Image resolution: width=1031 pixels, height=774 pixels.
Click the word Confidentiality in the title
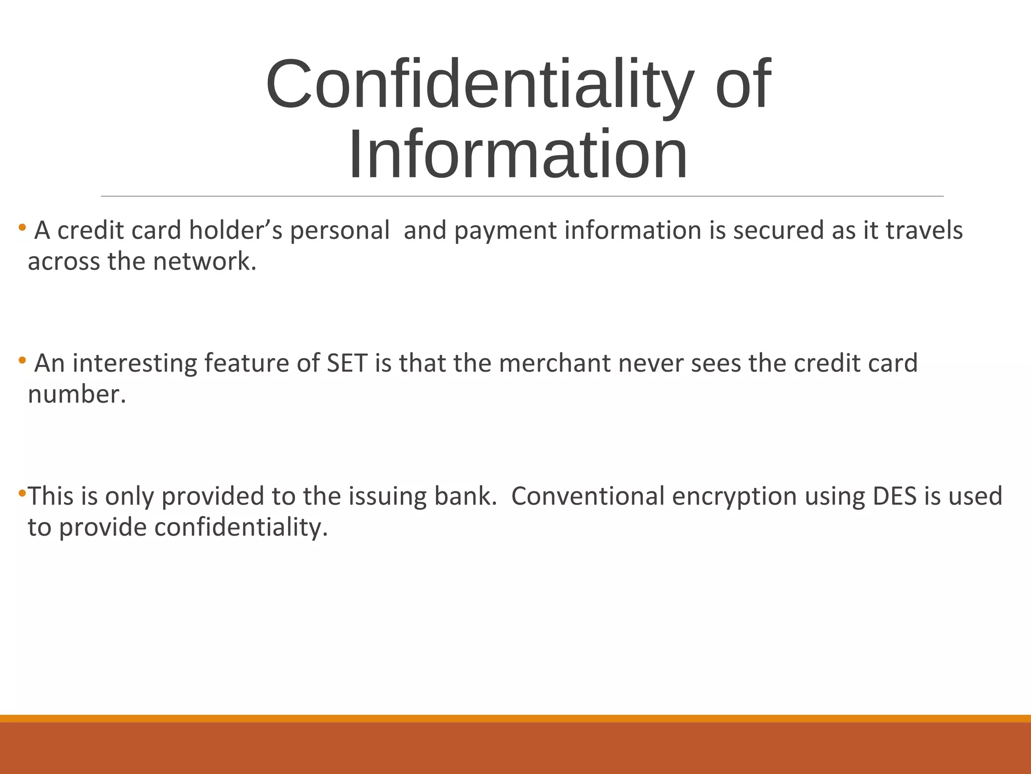pyautogui.click(x=478, y=85)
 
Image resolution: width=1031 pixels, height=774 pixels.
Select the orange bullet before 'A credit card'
pyautogui.click(x=22, y=227)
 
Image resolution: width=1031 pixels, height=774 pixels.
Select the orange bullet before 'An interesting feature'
pyautogui.click(x=22, y=360)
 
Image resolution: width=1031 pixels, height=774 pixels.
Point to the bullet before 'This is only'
pyautogui.click(x=22, y=492)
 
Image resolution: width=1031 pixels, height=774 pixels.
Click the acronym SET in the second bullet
pyautogui.click(x=347, y=363)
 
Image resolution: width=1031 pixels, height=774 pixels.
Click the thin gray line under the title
pyautogui.click(x=522, y=196)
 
